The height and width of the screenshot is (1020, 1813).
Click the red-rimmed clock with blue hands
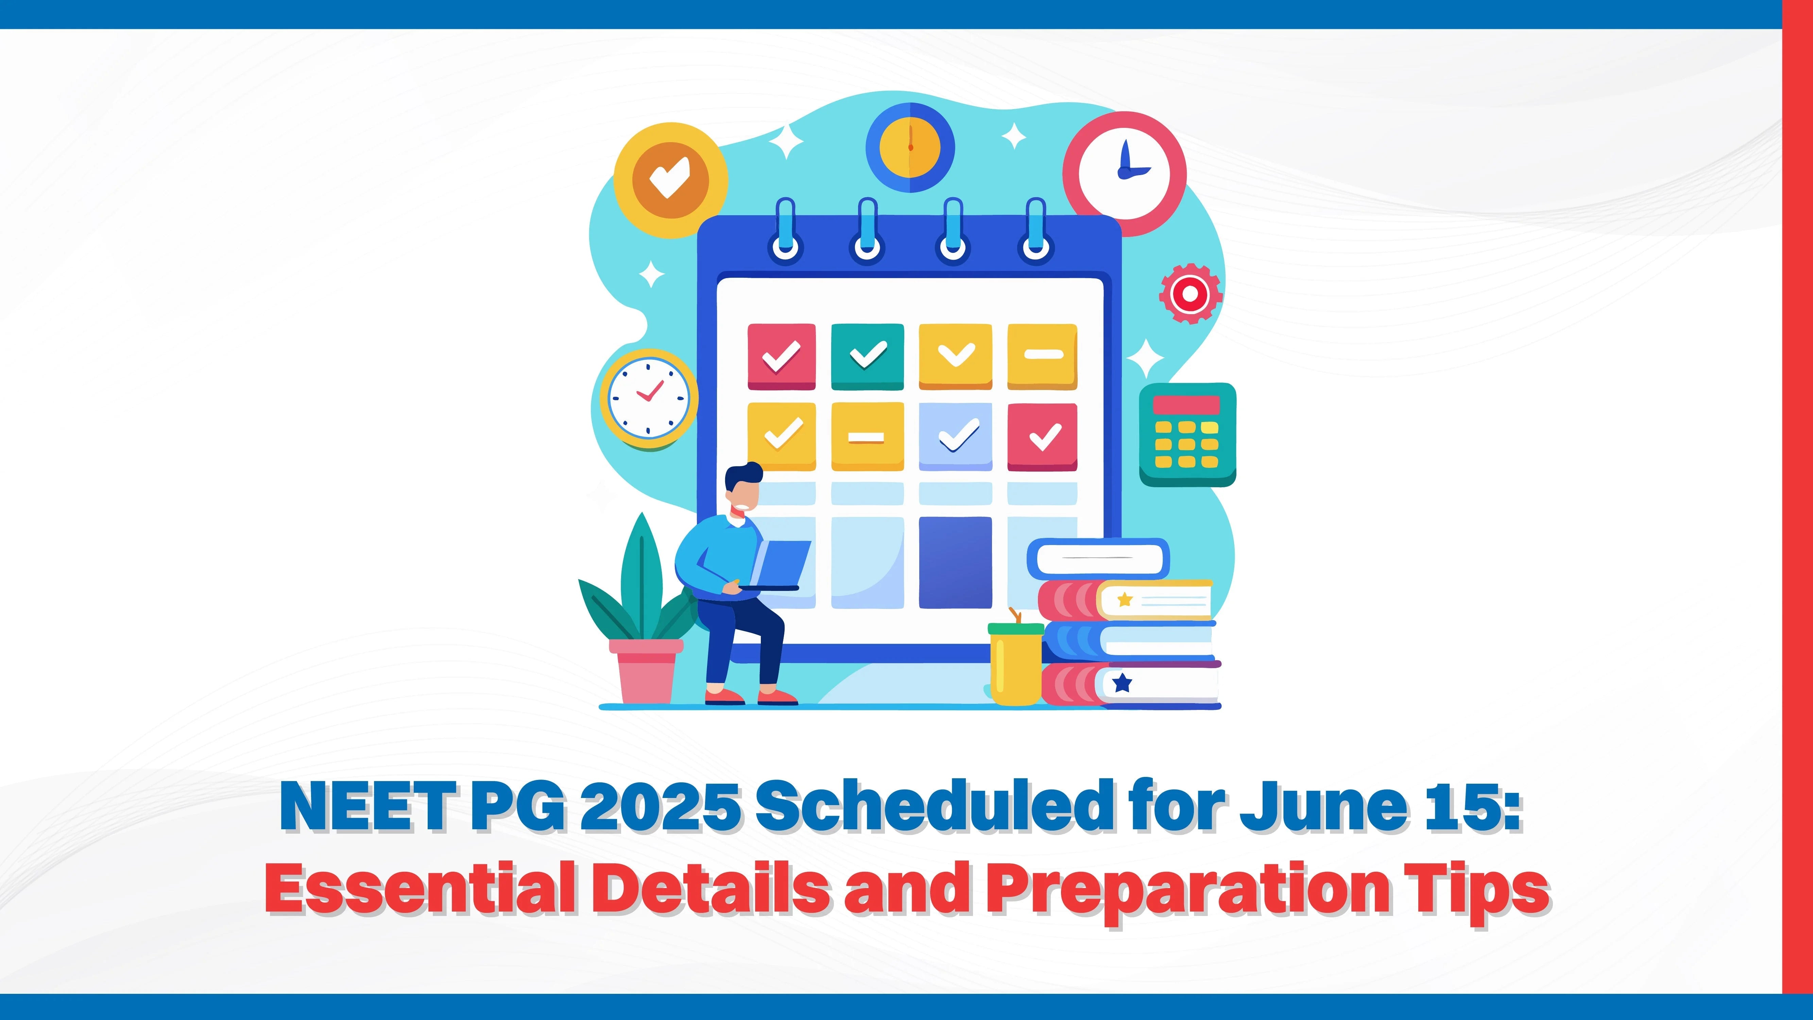click(1124, 174)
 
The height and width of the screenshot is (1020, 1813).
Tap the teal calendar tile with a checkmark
click(867, 356)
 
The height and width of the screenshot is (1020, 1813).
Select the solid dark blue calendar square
click(955, 562)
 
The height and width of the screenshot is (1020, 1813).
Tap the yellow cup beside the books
click(1015, 663)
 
